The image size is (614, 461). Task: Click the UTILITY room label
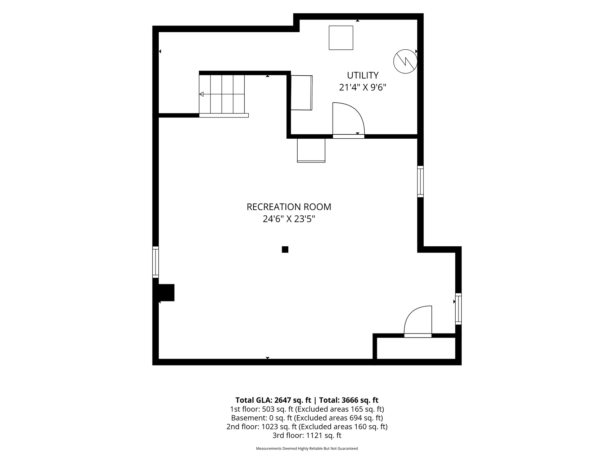[362, 75]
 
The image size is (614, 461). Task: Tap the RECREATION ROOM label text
[289, 207]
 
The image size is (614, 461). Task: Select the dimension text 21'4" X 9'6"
[362, 88]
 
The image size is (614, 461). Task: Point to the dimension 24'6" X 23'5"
[289, 219]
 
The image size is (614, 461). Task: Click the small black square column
[285, 249]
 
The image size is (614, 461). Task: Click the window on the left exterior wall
[155, 262]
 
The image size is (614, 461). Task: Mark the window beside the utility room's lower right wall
[420, 181]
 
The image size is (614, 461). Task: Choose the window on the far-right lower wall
[459, 309]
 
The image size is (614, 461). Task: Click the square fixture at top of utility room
[341, 37]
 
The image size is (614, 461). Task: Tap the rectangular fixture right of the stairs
[302, 93]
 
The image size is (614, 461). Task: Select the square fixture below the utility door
[311, 150]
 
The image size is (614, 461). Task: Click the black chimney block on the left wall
[166, 292]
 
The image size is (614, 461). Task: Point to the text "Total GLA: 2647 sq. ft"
[273, 400]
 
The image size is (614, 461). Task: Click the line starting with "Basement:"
[307, 418]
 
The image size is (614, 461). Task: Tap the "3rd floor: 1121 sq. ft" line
[307, 435]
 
